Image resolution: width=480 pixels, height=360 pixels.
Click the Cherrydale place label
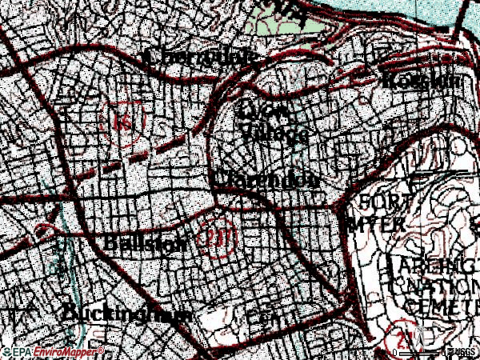pyautogui.click(x=202, y=58)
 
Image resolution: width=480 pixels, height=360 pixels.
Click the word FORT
pyautogui.click(x=382, y=201)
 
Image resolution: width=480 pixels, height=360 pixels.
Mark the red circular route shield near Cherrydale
pyautogui.click(x=124, y=122)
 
